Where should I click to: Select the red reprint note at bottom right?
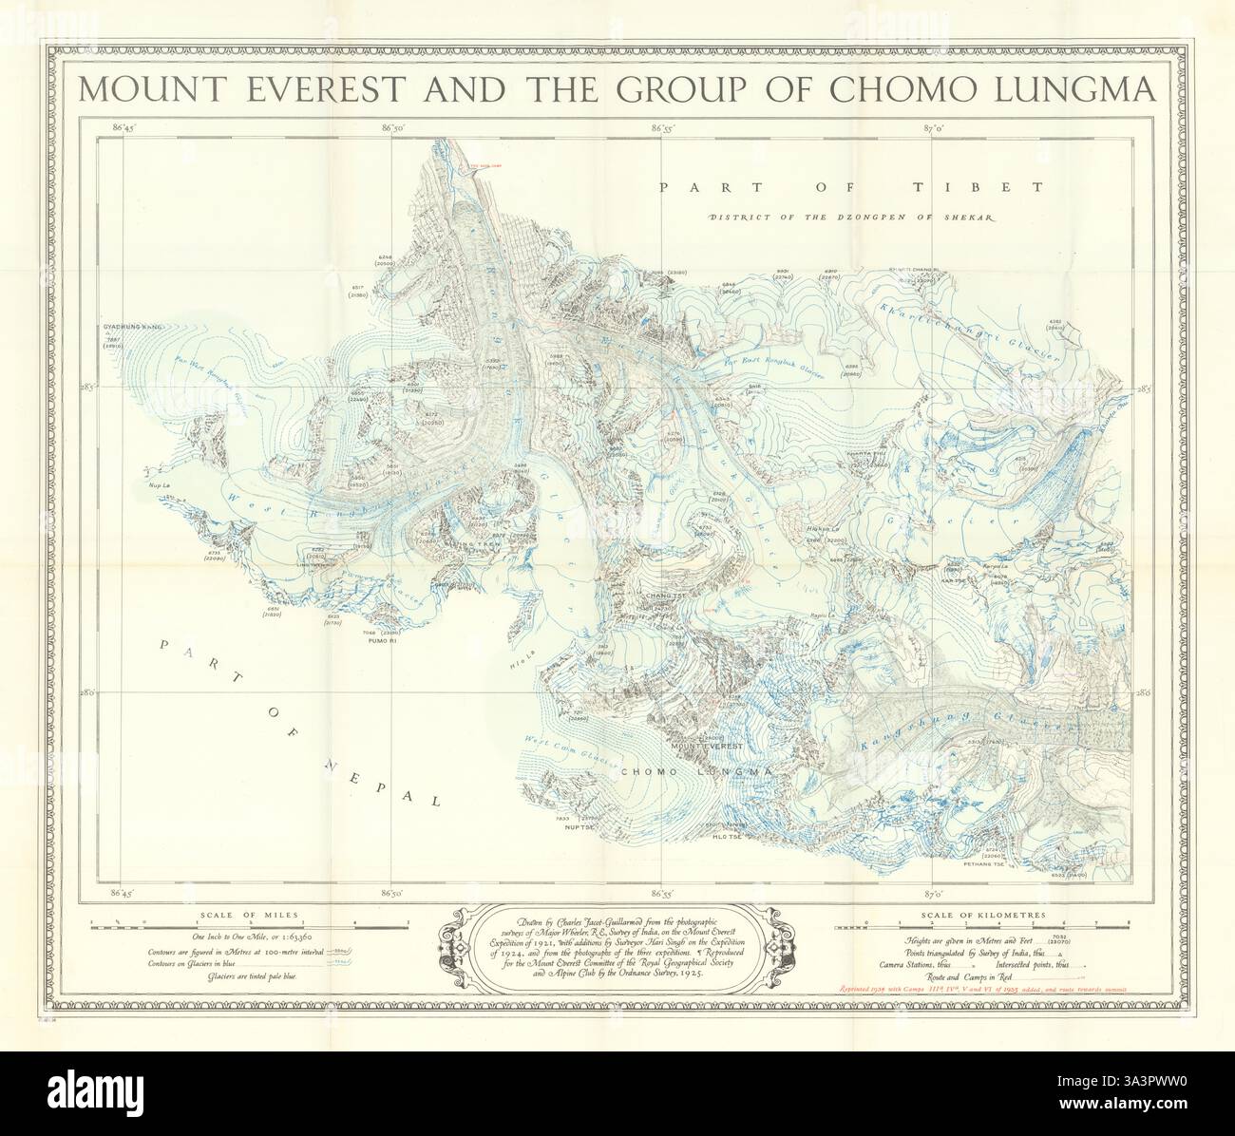[x=981, y=990]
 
